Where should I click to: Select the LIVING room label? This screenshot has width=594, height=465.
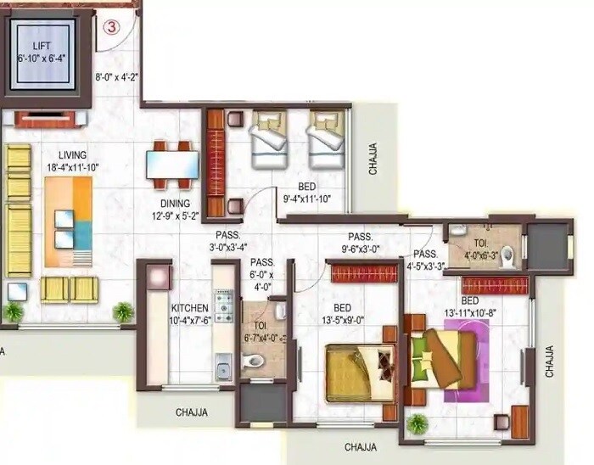tap(73, 154)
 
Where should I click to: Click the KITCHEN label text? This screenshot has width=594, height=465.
tap(189, 307)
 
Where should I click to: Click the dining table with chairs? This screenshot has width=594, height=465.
tap(171, 163)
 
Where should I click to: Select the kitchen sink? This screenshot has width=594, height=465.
tap(224, 369)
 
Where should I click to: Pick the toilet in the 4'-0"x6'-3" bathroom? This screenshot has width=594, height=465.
tap(507, 255)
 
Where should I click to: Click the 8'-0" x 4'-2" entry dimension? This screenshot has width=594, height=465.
tap(116, 76)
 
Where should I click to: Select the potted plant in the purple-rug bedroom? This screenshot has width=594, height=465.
tap(416, 423)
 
